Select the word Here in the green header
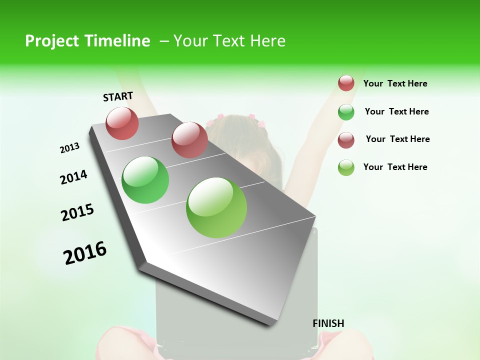click(267, 41)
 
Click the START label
click(118, 96)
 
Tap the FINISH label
click(328, 323)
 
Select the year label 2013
click(69, 148)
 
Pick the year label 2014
click(73, 177)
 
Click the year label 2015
click(77, 212)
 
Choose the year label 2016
click(85, 253)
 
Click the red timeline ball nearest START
click(122, 123)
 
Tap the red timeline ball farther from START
click(189, 139)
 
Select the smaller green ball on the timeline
click(145, 180)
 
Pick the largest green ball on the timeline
click(216, 207)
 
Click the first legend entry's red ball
click(346, 83)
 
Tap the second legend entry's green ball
click(346, 112)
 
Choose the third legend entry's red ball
click(346, 140)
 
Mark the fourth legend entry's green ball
click(346, 167)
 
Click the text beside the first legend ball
click(395, 84)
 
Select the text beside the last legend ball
click(395, 167)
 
